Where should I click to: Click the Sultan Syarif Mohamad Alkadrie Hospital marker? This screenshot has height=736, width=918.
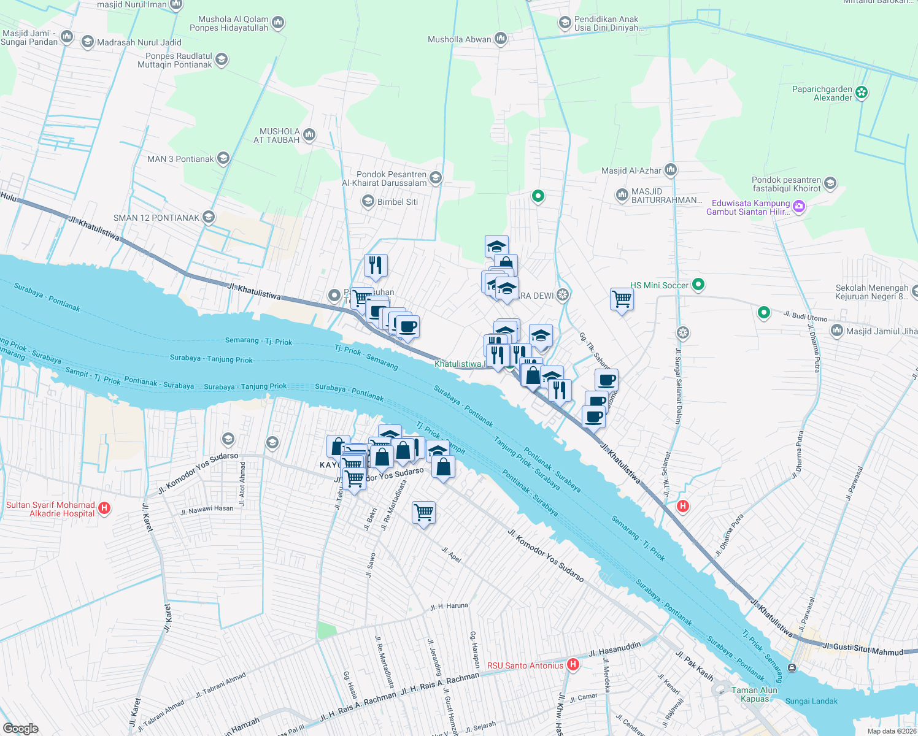tap(104, 508)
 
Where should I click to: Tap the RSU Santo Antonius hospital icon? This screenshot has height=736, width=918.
tap(573, 665)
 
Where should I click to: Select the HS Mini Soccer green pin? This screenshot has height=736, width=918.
tap(698, 285)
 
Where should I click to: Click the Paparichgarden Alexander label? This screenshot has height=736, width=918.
tap(822, 93)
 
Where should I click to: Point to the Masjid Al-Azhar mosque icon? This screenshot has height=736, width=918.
tap(670, 169)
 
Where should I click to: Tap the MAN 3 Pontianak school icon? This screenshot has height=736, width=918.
tap(223, 158)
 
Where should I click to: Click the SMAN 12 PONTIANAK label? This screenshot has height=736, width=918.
tap(156, 218)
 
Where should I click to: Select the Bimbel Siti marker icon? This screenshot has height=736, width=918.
tap(368, 201)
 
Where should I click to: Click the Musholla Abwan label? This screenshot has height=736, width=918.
tap(460, 39)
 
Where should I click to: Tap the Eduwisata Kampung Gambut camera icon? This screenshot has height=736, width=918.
tap(799, 207)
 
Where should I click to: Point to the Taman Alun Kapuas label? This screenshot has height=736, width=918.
tap(754, 694)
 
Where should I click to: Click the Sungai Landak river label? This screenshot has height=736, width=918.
tap(811, 701)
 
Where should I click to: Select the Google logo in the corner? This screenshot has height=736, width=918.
tap(21, 729)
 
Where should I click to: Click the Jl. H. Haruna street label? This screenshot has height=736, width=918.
tap(449, 607)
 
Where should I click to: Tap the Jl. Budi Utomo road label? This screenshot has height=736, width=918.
tap(805, 316)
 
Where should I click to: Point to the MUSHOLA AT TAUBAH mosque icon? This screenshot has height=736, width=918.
tap(309, 134)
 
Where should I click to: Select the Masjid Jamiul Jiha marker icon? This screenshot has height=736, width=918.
tap(836, 331)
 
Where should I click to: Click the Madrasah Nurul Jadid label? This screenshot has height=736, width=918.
tap(139, 42)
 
